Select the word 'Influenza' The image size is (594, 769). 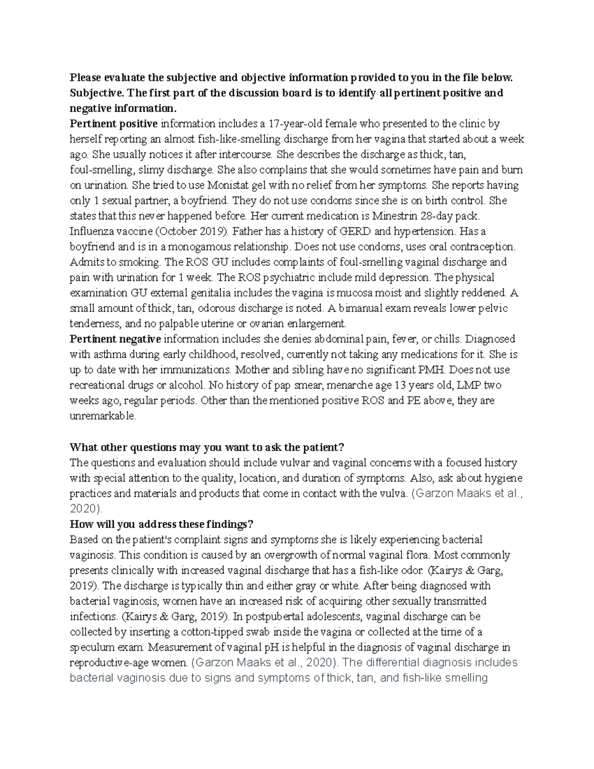pos(91,231)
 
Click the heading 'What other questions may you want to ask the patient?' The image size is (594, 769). pos(206,448)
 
